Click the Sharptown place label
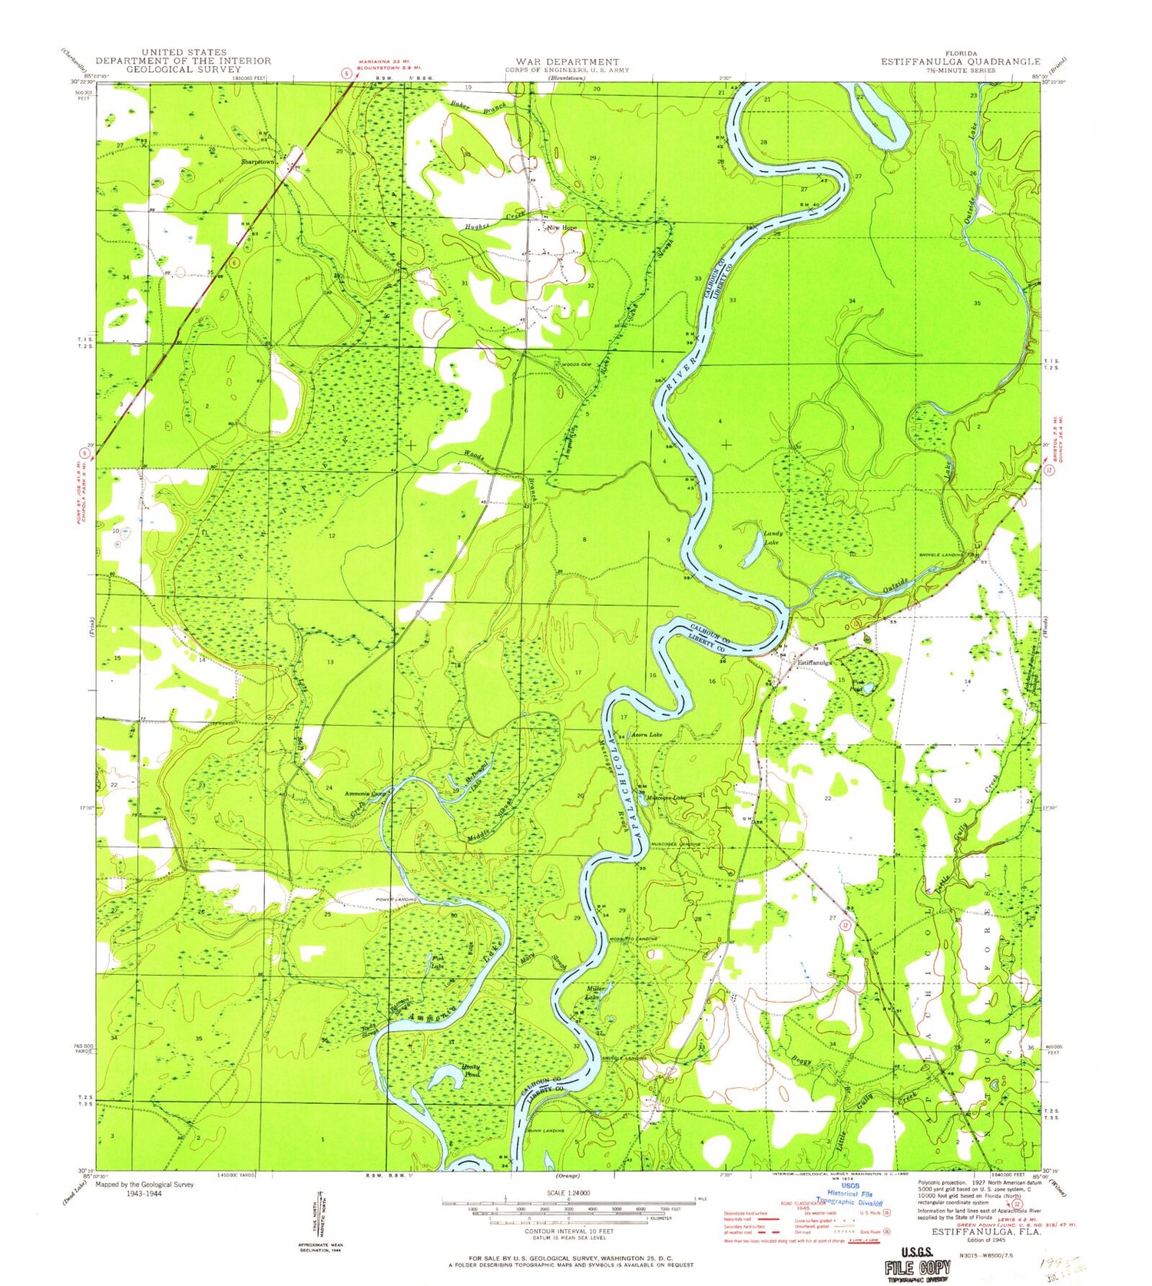coord(257,162)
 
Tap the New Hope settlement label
coord(561,228)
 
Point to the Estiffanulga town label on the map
coord(815,661)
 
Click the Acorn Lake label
coord(647,735)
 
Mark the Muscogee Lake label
coord(665,798)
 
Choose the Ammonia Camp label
coord(363,794)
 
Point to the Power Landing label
coord(396,900)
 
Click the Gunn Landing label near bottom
coord(546,1132)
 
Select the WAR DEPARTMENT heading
coord(567,61)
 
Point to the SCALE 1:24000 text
coord(568,1192)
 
